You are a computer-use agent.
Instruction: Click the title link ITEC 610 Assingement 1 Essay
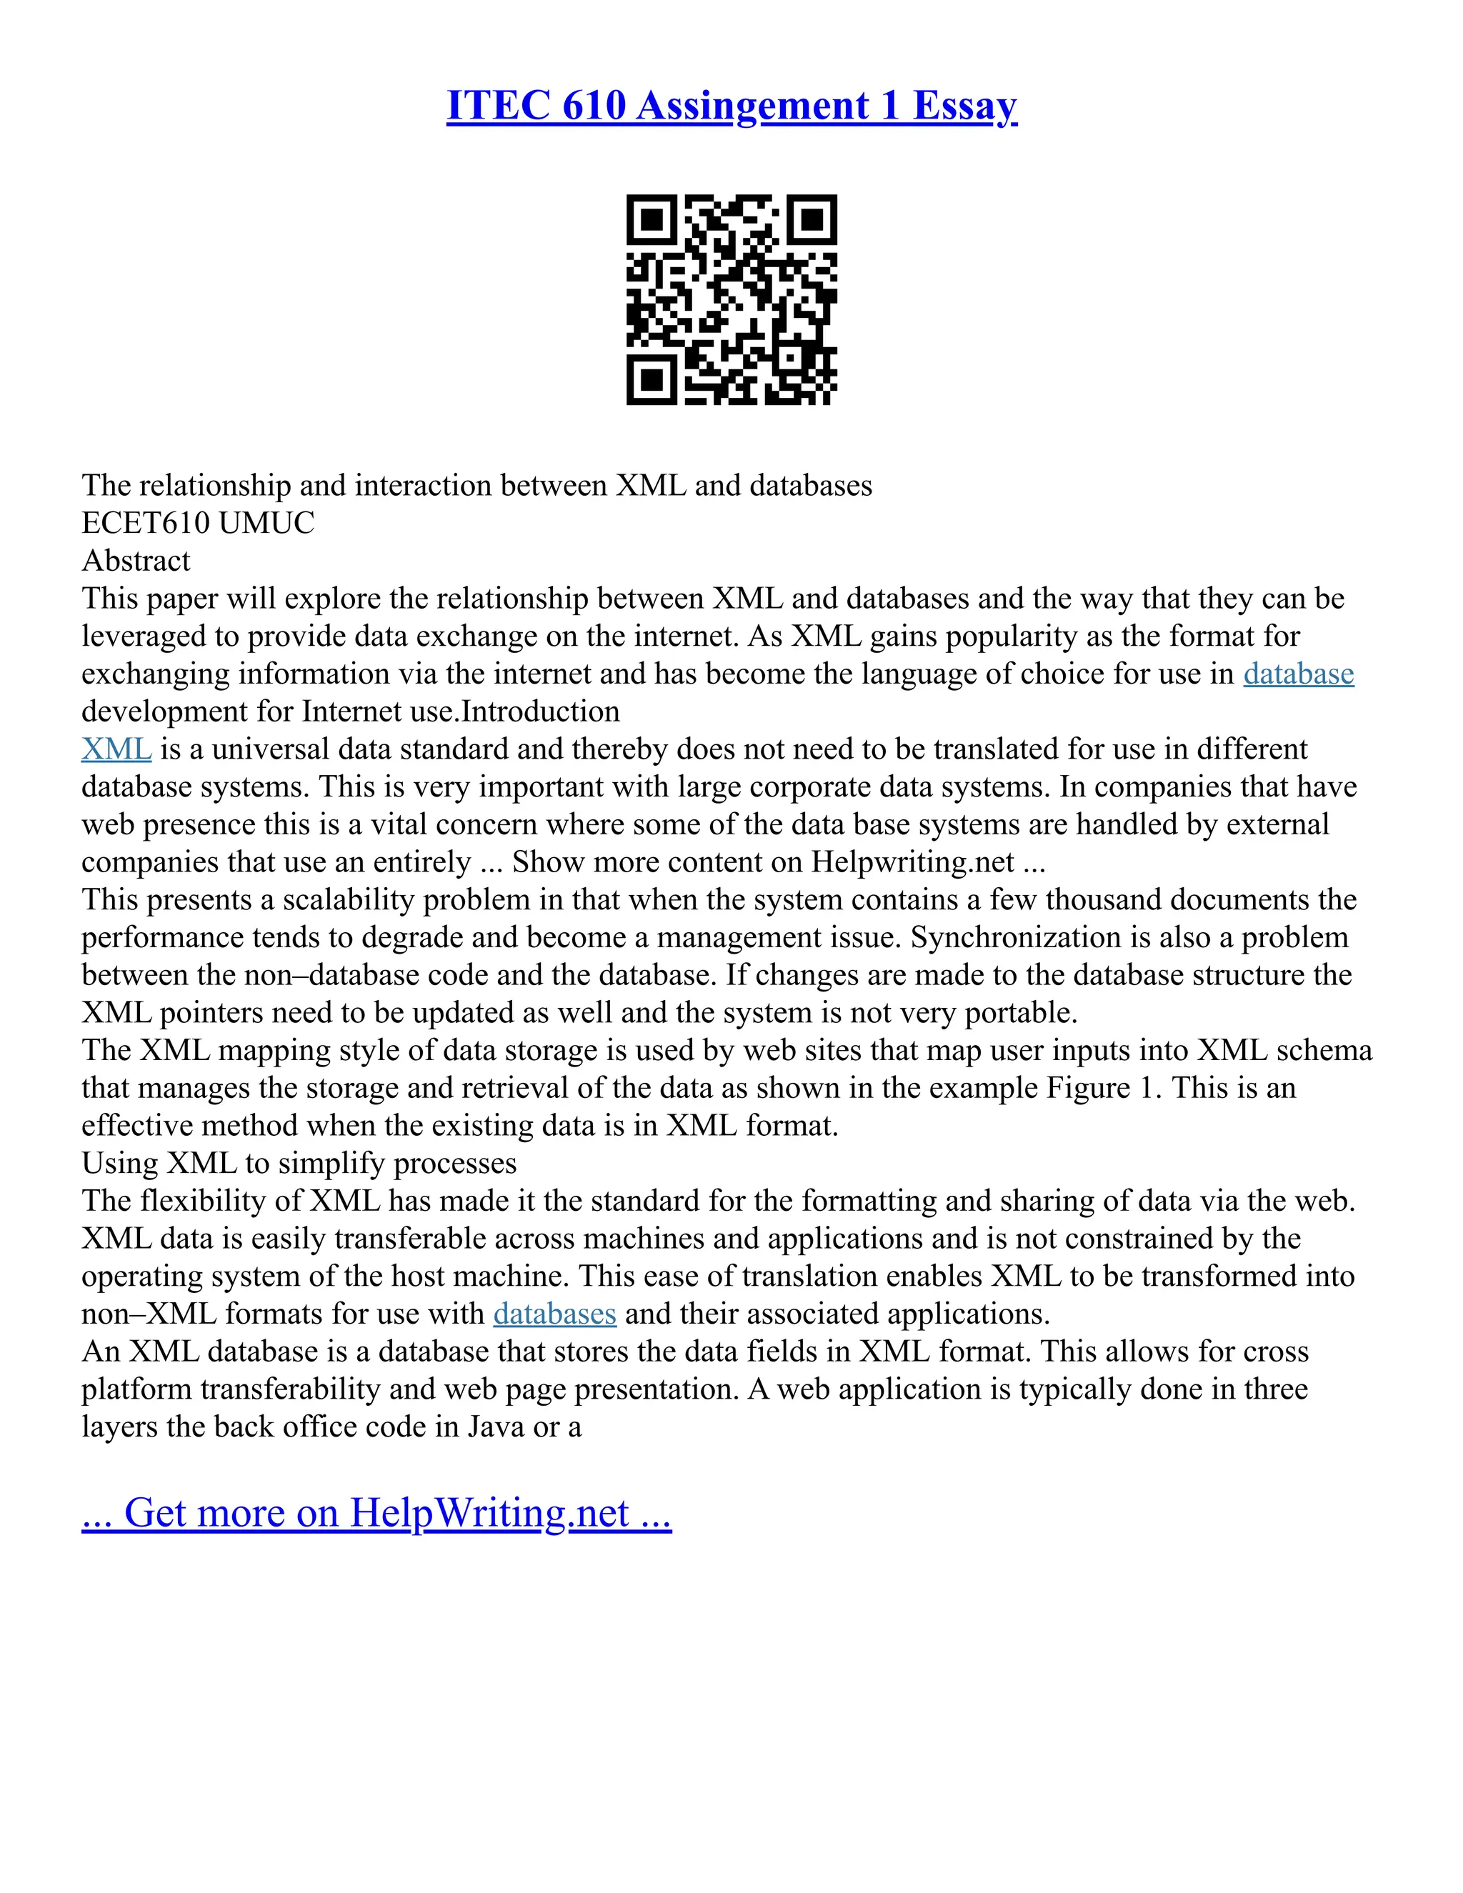(x=731, y=106)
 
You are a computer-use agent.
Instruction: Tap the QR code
(x=731, y=299)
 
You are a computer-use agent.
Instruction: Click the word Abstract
(x=136, y=561)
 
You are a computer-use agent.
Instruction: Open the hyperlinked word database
(x=1297, y=674)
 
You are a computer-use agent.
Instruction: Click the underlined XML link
(x=116, y=749)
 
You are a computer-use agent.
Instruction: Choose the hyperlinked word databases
(x=554, y=1314)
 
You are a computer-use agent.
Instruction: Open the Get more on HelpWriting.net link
(x=376, y=1512)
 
